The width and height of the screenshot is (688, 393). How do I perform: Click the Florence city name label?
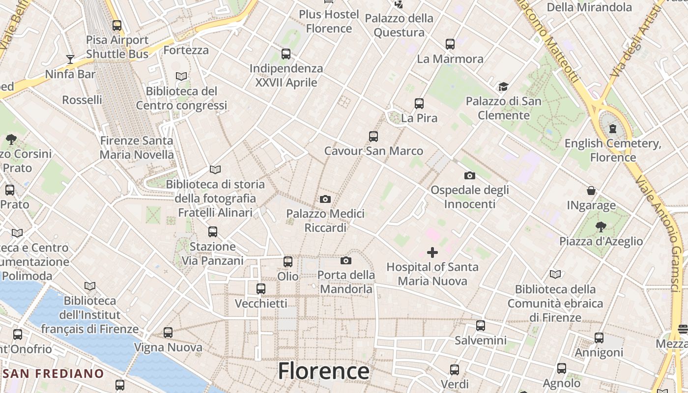point(323,371)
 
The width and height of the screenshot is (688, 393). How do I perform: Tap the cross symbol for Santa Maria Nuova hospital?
point(432,253)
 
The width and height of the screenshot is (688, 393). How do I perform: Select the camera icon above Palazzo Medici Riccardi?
point(325,199)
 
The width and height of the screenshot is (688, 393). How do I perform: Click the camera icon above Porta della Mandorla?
point(346,260)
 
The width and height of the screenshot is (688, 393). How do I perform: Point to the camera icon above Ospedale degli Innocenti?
point(470,175)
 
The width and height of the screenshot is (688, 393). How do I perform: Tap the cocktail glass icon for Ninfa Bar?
point(70,59)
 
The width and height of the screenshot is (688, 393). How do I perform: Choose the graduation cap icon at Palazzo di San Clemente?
point(503,87)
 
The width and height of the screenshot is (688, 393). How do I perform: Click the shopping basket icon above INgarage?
point(591,191)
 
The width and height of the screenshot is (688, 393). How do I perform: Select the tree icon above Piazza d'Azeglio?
point(601,226)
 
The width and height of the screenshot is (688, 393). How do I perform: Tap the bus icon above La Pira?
point(419,104)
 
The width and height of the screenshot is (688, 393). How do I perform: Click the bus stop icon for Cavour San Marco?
point(373,136)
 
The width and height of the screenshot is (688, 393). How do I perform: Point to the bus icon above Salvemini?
point(481,325)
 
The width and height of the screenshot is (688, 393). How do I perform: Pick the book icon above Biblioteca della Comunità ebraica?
point(555,274)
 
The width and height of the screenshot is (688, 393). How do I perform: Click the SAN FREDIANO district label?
point(53,373)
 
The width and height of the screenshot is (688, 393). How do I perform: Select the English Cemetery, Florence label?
point(613,150)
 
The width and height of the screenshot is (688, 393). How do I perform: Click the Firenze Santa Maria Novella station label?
point(137,147)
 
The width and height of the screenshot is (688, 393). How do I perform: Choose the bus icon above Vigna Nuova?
point(168,333)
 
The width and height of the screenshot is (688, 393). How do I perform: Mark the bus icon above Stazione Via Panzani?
point(213,231)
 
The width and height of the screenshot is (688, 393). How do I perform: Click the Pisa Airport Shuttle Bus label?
point(117,47)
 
